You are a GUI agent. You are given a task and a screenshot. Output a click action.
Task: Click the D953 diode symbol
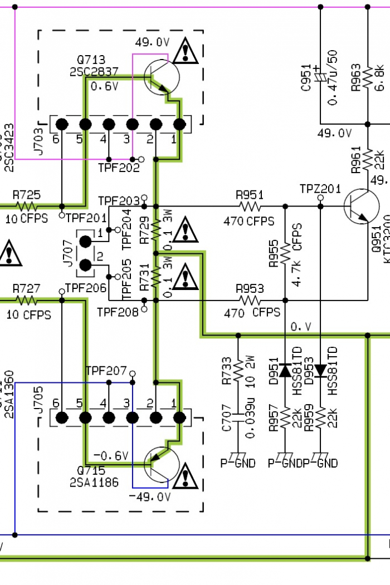(x=320, y=370)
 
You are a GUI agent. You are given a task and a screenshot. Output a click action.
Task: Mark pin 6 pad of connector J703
(x=62, y=124)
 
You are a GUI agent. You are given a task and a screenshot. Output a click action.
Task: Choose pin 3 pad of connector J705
(x=132, y=417)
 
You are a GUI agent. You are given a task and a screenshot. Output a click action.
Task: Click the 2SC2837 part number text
(x=94, y=72)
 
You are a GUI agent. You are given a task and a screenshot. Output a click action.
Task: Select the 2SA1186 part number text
(x=94, y=483)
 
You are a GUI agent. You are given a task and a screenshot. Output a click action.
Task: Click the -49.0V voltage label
(x=149, y=497)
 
